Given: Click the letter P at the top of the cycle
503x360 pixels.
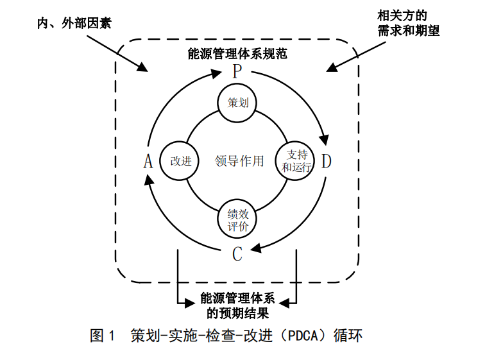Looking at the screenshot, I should click(x=237, y=71).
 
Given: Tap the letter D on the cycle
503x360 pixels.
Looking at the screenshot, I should click(x=326, y=160).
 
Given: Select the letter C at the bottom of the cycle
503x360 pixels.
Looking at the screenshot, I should click(x=237, y=254).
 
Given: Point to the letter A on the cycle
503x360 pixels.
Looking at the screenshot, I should click(x=148, y=161).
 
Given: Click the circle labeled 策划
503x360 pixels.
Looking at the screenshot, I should click(x=237, y=103).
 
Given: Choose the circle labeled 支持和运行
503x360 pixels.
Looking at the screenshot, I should click(x=296, y=161).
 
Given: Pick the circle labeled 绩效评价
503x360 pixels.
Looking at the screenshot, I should click(x=237, y=219).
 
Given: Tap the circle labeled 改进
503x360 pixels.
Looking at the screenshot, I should click(x=180, y=161).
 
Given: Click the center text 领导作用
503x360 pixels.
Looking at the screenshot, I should click(x=239, y=161).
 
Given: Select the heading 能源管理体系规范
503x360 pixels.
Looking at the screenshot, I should click(x=237, y=54).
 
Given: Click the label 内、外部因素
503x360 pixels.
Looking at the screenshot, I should click(x=72, y=24).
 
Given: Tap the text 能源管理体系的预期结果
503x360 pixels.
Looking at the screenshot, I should click(x=237, y=306).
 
